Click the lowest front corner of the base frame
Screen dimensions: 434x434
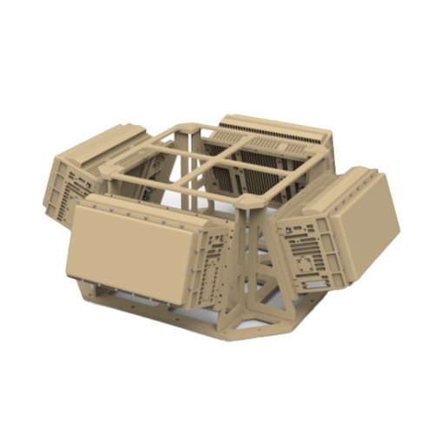(x=230, y=334)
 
